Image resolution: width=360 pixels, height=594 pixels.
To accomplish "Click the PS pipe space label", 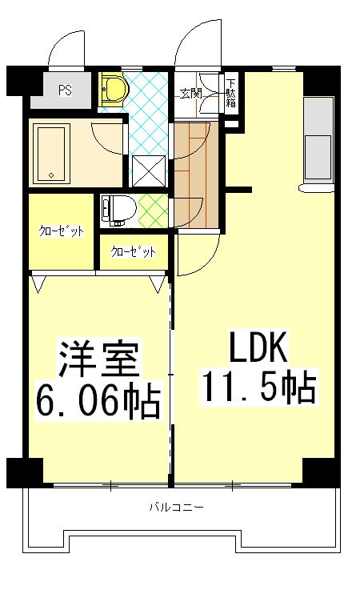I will click(x=65, y=90).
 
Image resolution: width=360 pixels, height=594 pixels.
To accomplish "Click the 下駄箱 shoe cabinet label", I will click(x=231, y=94).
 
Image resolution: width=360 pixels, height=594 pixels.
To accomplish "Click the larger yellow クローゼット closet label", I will click(x=62, y=232).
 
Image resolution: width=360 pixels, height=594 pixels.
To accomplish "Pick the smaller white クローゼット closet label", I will click(x=134, y=251).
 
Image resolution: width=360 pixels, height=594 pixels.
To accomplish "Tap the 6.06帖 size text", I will click(x=98, y=398).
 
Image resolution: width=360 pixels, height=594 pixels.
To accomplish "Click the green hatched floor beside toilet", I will click(x=153, y=209).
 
